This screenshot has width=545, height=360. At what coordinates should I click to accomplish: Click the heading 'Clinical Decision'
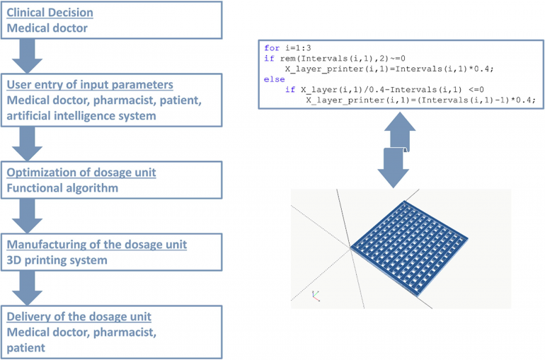point(50,13)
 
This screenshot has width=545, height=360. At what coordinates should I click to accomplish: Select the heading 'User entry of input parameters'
point(90,85)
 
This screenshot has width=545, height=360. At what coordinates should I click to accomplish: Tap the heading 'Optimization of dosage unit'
point(81,173)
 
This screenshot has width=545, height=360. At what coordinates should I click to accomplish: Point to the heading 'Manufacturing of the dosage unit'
point(97,245)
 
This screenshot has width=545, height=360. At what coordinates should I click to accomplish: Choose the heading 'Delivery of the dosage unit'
point(79,317)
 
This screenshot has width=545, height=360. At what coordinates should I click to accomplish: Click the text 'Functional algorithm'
point(62,188)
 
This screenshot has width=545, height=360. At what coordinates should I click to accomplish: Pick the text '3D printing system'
point(57,260)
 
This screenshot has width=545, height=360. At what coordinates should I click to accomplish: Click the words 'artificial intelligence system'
point(81,115)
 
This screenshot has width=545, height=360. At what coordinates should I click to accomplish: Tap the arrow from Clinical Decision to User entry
point(27,56)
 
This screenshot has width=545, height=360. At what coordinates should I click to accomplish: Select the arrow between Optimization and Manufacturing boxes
point(27,216)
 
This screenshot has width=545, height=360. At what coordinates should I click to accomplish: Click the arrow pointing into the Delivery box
point(27,288)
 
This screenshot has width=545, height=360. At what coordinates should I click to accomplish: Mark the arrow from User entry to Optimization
point(27,144)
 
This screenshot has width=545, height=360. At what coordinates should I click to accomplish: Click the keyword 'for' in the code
point(272,48)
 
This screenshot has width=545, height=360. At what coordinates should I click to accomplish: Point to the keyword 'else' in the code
point(274,79)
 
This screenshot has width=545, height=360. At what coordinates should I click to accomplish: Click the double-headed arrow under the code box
point(397,150)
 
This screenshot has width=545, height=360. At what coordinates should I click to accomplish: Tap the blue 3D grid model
point(409,248)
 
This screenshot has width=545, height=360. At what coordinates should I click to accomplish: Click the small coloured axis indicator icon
point(316,296)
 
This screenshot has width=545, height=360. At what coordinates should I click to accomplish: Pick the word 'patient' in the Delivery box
point(25,348)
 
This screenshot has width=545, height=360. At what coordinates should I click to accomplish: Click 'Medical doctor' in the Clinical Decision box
point(47,28)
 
